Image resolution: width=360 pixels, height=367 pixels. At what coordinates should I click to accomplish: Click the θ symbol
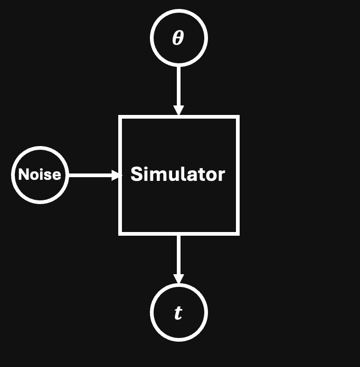178,38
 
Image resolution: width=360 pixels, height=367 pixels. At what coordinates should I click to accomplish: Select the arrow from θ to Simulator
178,87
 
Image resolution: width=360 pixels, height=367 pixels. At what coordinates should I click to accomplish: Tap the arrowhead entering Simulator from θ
178,110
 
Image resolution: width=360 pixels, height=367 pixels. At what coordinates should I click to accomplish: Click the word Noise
40,175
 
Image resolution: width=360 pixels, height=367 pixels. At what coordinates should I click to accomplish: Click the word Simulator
178,174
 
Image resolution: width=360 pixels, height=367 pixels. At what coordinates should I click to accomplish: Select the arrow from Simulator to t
178,256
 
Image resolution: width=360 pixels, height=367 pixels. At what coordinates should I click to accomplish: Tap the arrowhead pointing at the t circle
178,278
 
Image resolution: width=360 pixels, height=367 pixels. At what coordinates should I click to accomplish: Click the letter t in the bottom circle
178,313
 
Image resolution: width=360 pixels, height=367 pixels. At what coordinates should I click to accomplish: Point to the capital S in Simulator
136,175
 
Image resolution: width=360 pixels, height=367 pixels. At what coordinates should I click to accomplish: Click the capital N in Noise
23,175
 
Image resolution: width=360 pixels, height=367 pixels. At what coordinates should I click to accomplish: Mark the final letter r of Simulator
222,176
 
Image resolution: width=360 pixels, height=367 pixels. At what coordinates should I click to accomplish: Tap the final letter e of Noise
57,176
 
